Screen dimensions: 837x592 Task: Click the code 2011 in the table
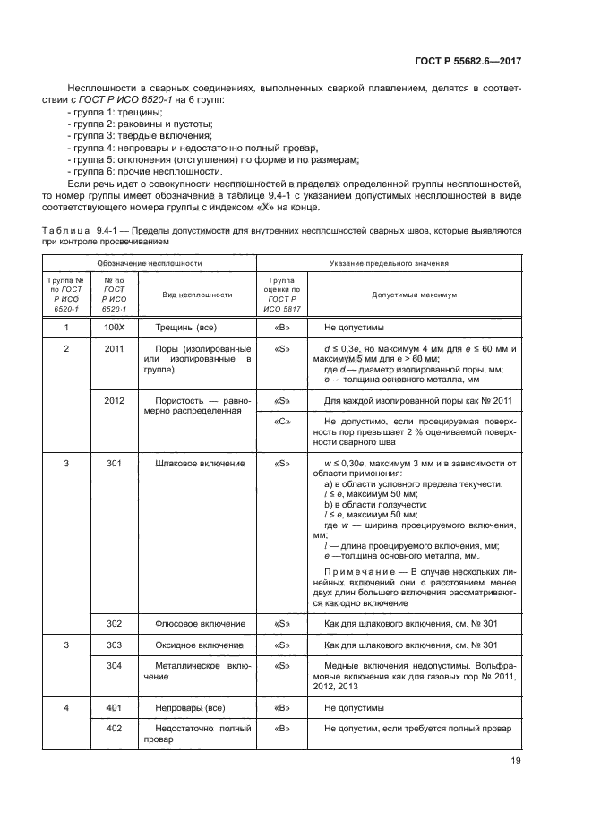click(114, 348)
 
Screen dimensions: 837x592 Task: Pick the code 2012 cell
click(114, 401)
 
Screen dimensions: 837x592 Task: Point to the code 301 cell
click(114, 464)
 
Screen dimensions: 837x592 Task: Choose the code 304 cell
click(114, 665)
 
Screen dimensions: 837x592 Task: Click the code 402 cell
click(114, 728)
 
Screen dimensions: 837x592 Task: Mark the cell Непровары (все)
click(189, 706)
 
